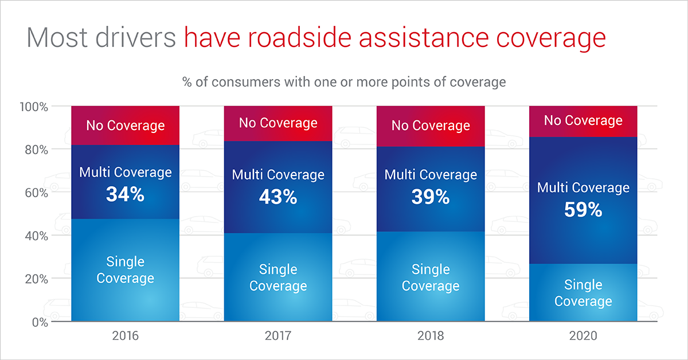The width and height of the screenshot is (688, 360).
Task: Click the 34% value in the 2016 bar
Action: pos(125,195)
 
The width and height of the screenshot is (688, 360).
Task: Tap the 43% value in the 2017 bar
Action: pos(278,197)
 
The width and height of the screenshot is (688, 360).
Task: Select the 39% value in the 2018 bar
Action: pos(431,197)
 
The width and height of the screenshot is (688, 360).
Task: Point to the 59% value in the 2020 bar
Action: pos(583,210)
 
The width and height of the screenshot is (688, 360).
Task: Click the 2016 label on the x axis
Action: pos(125,336)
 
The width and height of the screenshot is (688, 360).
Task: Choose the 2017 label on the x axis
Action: pos(278,336)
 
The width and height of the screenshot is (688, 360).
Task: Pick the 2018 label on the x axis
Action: pos(431,336)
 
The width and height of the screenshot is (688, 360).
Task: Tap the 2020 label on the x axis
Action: pos(583,336)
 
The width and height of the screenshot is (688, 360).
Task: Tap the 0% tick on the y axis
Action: pos(40,322)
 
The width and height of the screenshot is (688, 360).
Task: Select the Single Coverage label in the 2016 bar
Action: pos(125,270)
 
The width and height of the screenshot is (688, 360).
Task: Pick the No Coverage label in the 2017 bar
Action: pos(278,123)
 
